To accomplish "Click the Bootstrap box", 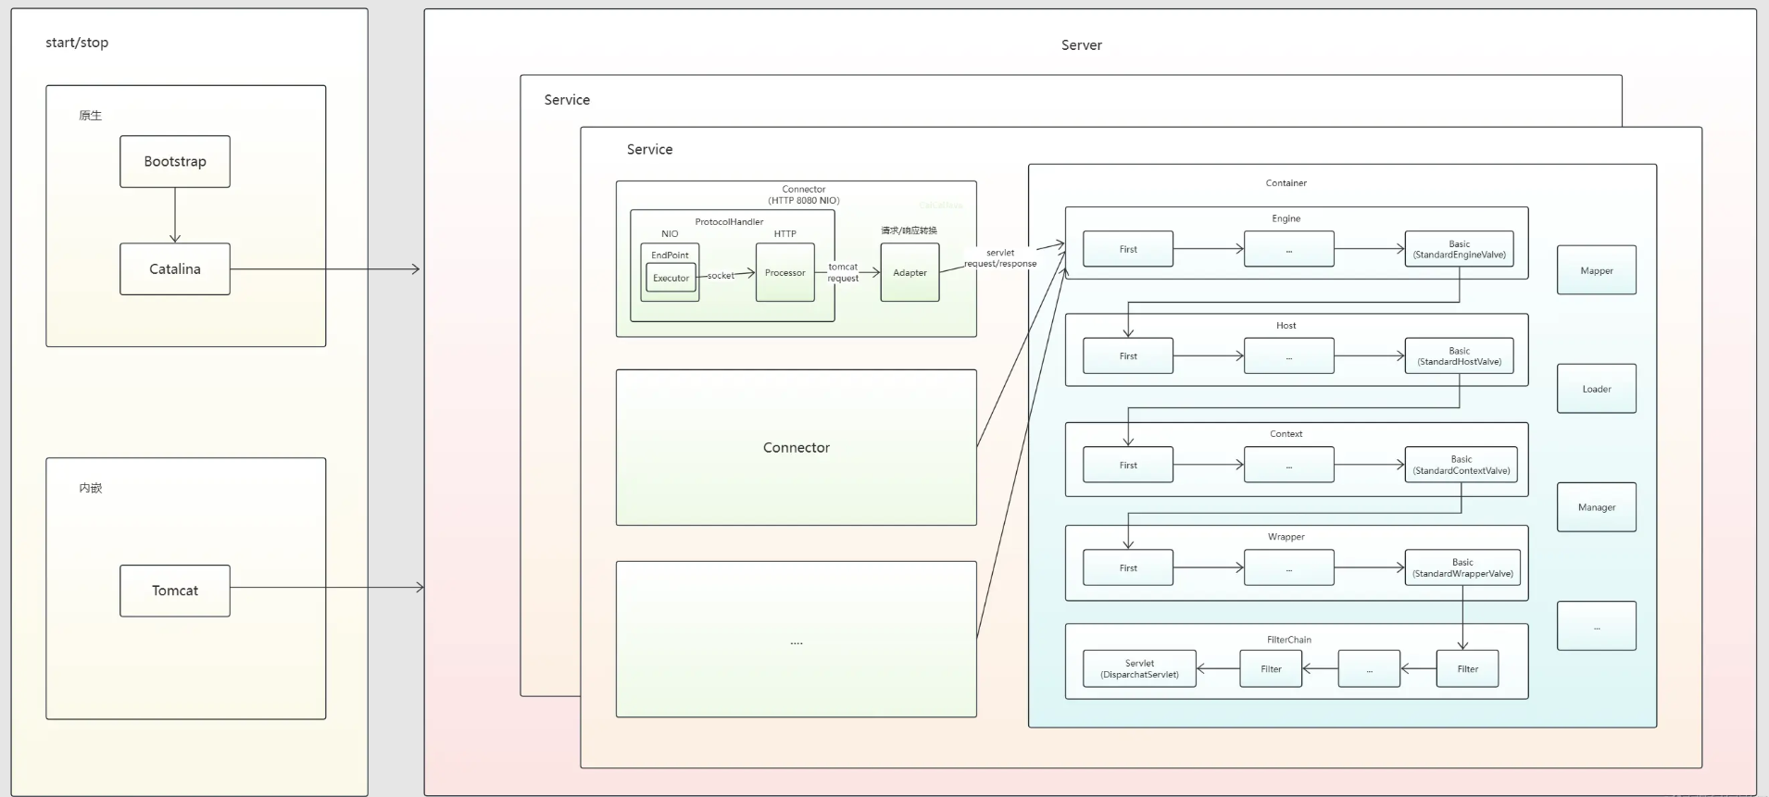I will coord(175,161).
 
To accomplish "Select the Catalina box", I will coord(175,269).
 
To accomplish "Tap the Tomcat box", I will coord(175,591).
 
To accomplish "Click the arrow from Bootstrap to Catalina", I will coord(175,216).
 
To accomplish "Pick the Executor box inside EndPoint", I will coord(671,278).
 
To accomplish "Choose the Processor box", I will coord(785,273).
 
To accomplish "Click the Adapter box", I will coord(910,273).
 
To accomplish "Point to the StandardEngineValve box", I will coord(1459,249).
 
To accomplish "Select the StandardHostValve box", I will coord(1459,356).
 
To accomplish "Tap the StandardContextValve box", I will coord(1461,465).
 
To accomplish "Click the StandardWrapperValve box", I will coord(1462,567).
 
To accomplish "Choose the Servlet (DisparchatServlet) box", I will coord(1139,669).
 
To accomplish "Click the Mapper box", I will coord(1596,270).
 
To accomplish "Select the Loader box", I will coord(1596,389).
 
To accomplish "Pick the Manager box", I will coord(1596,507).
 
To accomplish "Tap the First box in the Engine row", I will coord(1128,249).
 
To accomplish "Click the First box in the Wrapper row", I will coord(1128,567).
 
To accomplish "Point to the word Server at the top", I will coord(1081,45).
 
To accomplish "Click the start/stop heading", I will coord(77,43).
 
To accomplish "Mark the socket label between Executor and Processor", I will coord(721,276).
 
